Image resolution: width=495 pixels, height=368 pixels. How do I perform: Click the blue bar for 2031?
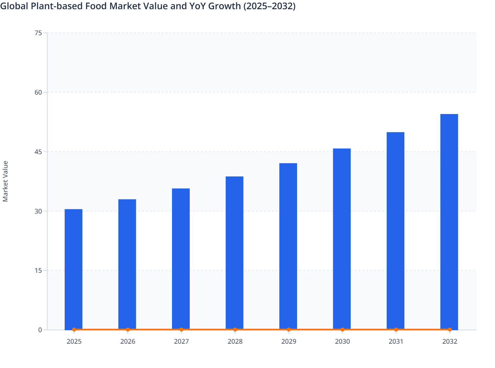click(396, 230)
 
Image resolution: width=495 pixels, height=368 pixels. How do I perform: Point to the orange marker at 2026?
click(128, 330)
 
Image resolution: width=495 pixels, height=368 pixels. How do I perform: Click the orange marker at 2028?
click(235, 330)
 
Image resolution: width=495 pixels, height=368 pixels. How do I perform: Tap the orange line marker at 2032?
click(450, 330)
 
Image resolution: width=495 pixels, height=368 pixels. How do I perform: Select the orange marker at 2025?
click(74, 330)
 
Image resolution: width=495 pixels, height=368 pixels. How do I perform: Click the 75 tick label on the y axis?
click(38, 33)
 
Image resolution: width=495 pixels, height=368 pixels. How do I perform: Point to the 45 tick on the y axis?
click(38, 152)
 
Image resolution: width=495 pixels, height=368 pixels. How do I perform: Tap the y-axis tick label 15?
click(38, 270)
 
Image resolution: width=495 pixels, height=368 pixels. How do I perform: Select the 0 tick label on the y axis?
click(40, 330)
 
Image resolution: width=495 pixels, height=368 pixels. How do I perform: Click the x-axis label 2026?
click(128, 342)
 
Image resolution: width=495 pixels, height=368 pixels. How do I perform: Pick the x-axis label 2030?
click(342, 342)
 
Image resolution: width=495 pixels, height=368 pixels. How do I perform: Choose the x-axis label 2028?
click(235, 342)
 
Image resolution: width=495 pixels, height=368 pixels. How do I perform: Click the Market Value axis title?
click(5, 181)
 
